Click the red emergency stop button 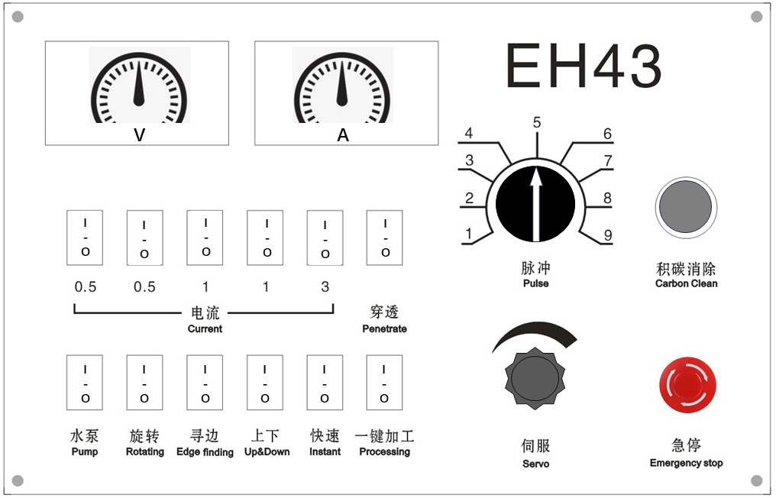(x=687, y=385)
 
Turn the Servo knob (x=535, y=378)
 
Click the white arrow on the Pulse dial (x=535, y=203)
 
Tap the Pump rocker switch (x=85, y=382)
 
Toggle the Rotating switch (x=144, y=382)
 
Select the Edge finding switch (x=205, y=382)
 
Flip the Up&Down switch (x=265, y=382)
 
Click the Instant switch (x=325, y=382)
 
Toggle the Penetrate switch (x=384, y=238)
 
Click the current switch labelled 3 (x=325, y=238)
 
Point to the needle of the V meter (x=139, y=84)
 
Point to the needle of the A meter (x=342, y=84)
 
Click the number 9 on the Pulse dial (x=608, y=234)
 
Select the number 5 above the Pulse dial (x=537, y=122)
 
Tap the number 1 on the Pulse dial (x=469, y=233)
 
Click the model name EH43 (x=584, y=66)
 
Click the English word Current (x=205, y=328)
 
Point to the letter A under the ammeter (x=343, y=134)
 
